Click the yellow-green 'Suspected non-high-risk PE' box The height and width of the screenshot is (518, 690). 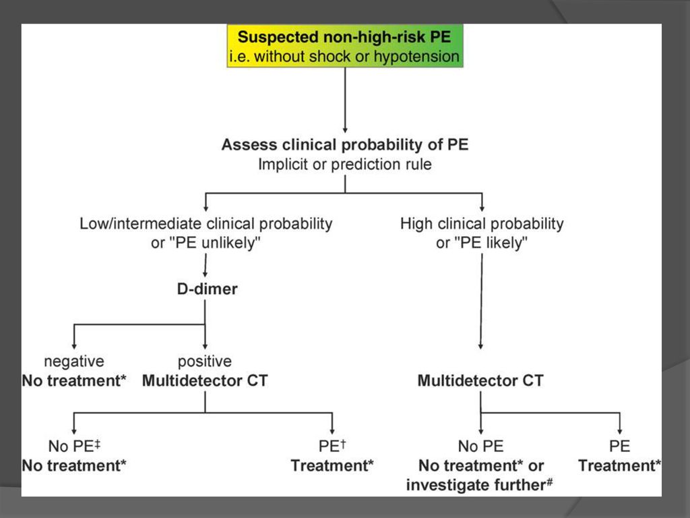345,46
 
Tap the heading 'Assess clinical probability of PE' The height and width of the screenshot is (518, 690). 345,144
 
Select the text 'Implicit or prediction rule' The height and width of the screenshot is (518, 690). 345,165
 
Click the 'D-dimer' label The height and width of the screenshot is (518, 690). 208,289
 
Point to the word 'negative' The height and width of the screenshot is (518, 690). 74,362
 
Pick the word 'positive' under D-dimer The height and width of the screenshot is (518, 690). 205,362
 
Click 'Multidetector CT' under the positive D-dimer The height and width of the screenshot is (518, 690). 205,380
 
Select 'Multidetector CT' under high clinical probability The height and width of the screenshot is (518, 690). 480,380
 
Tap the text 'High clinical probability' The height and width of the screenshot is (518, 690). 482,224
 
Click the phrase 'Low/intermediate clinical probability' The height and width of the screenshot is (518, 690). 206,224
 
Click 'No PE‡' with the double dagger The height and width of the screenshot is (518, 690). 74,446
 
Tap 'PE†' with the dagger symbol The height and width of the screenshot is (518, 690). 332,446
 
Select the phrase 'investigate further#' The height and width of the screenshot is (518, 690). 479,484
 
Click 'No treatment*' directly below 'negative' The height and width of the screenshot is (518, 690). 74,380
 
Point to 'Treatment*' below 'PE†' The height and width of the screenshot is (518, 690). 332,465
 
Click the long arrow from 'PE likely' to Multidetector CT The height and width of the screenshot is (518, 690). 481,301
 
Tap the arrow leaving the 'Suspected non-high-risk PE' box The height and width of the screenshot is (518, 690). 345,100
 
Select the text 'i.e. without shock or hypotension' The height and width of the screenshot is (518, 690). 344,57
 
